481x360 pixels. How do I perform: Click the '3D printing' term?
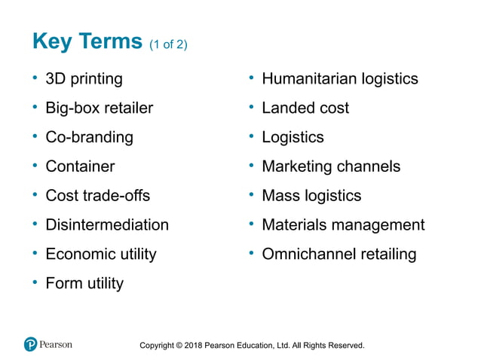click(x=84, y=79)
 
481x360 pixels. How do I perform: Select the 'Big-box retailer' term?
click(x=99, y=108)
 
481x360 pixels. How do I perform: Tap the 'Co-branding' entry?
click(x=89, y=138)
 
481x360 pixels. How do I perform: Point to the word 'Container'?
click(x=80, y=166)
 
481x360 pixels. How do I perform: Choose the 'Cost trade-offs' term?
click(x=97, y=196)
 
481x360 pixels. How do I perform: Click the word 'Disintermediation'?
click(x=107, y=225)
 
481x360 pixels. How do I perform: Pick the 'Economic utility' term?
click(x=101, y=255)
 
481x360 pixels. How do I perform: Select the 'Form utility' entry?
click(x=84, y=284)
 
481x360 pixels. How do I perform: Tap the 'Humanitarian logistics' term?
click(x=339, y=79)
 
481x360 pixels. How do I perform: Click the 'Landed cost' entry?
click(x=305, y=108)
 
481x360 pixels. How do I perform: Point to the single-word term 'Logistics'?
click(x=293, y=138)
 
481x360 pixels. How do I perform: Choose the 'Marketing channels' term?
click(x=331, y=166)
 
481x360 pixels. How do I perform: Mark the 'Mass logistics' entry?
click(x=311, y=196)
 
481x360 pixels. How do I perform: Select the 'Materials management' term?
click(x=343, y=225)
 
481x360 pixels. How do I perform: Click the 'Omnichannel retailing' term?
click(x=339, y=255)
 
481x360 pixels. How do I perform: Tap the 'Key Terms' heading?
click(x=87, y=41)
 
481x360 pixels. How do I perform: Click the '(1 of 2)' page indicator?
click(x=167, y=44)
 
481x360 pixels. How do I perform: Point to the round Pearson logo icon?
click(x=30, y=345)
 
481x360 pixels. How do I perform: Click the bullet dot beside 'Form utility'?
click(x=35, y=282)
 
